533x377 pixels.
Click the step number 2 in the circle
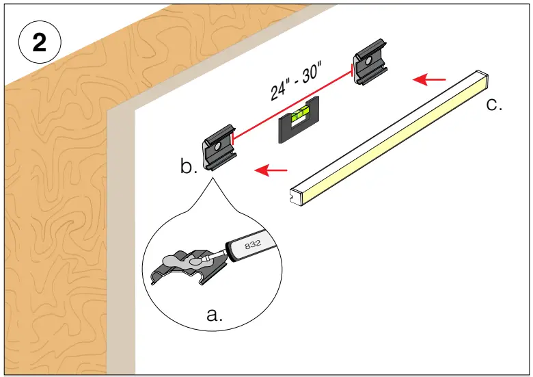tap(40, 43)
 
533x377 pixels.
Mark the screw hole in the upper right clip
tap(370, 61)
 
